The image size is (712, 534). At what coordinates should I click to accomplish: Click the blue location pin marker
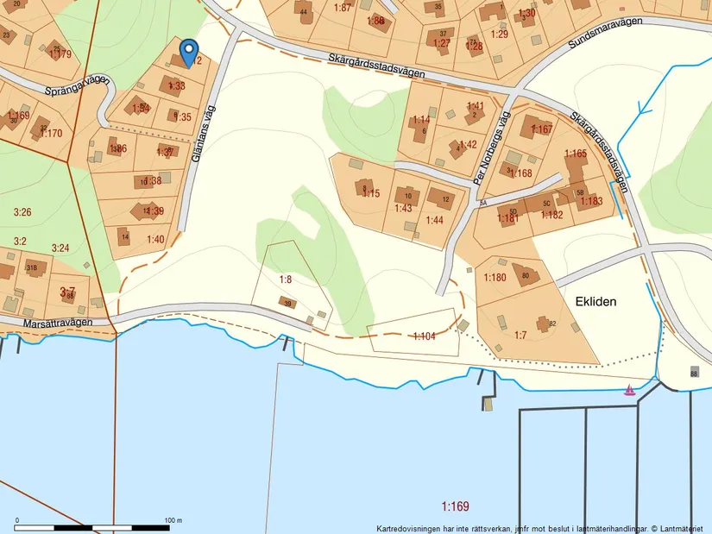[x=187, y=53]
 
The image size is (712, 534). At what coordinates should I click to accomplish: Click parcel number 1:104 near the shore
[x=425, y=336]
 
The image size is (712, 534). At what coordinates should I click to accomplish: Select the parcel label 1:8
[x=286, y=280]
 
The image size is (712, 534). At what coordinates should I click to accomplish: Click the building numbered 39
[x=287, y=303]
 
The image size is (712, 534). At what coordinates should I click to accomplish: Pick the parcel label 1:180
[x=495, y=277]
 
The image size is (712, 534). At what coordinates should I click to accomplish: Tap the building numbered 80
[x=527, y=275]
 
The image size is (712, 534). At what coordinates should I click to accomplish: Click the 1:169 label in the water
[x=455, y=506]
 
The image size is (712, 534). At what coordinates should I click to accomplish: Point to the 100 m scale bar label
[x=173, y=521]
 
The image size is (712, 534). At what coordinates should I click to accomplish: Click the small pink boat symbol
[x=630, y=390]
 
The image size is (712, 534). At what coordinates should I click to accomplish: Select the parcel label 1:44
[x=434, y=221]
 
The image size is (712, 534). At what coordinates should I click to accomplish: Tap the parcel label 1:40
[x=155, y=239]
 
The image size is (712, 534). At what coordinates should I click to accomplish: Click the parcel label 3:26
[x=22, y=211]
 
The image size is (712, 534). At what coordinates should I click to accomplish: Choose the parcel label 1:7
[x=520, y=334]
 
